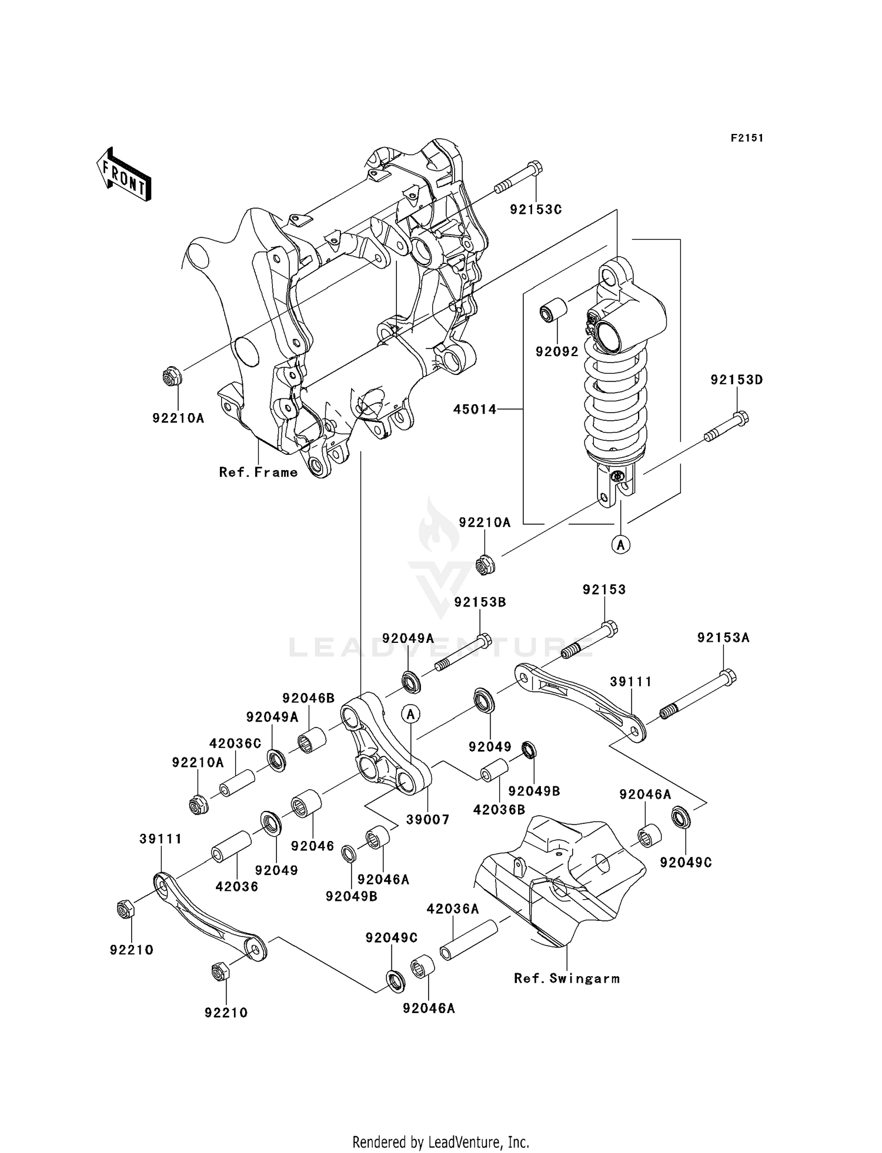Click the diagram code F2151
tap(747, 138)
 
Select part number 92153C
tap(536, 209)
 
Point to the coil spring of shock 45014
tap(614, 400)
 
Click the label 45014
tap(475, 409)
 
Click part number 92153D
tap(736, 380)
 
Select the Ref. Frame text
tap(258, 472)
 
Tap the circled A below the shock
tap(620, 545)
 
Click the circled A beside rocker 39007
tap(411, 714)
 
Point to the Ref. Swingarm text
tap(566, 978)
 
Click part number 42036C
tap(235, 743)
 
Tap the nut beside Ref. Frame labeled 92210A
tap(171, 376)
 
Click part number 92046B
tap(308, 698)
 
